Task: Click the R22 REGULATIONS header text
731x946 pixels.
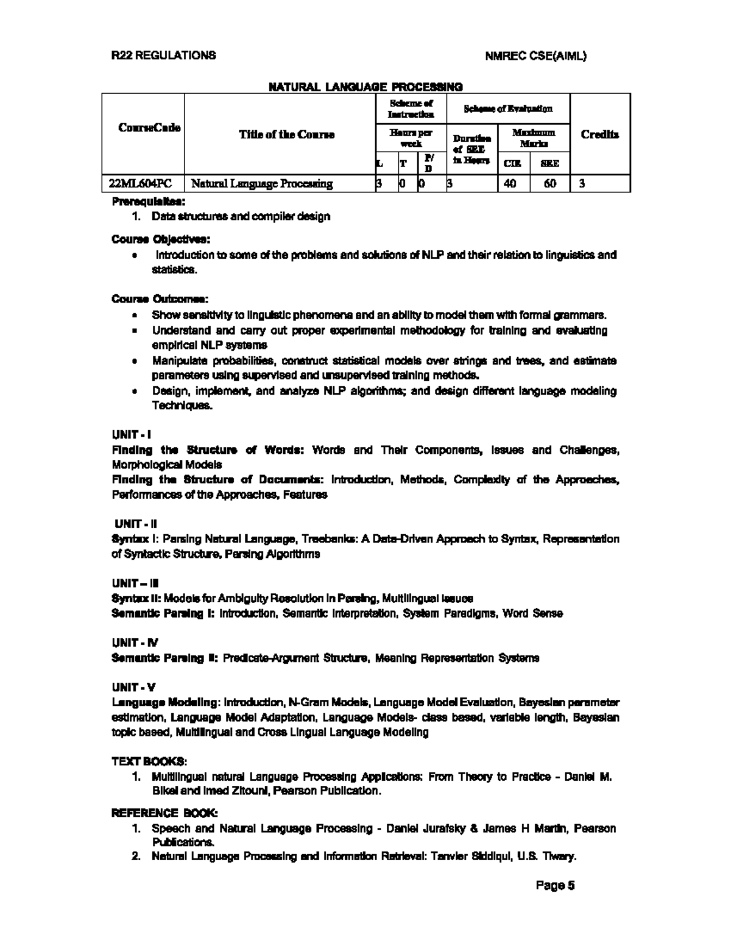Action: click(163, 55)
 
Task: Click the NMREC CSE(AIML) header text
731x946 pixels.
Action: click(536, 56)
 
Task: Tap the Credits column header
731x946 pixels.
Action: click(599, 135)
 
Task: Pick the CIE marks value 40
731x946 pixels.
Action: click(510, 183)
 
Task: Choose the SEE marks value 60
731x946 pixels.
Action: click(549, 183)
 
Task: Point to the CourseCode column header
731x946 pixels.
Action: click(149, 128)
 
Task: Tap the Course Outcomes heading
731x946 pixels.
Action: click(160, 299)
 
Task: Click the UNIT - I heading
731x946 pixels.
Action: click(131, 434)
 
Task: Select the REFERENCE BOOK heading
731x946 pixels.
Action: click(164, 813)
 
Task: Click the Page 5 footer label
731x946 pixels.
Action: click(555, 885)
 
